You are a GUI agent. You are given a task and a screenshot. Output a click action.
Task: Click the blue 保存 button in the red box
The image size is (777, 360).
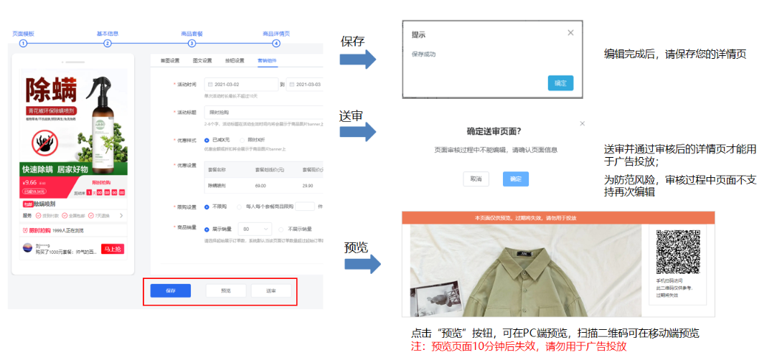tap(170, 290)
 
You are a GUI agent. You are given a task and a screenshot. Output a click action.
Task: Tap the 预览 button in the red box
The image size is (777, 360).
tap(226, 290)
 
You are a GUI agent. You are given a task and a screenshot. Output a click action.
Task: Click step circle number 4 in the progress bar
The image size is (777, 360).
tap(276, 43)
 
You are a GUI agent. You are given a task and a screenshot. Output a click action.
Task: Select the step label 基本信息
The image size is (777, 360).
tap(108, 33)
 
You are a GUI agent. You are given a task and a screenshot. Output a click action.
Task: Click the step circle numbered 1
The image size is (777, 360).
tap(23, 43)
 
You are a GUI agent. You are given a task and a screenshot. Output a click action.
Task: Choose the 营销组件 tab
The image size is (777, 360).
tap(267, 60)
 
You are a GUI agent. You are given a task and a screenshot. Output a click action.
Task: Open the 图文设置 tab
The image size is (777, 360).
tap(202, 60)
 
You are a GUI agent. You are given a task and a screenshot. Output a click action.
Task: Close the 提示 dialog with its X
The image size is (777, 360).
tap(570, 32)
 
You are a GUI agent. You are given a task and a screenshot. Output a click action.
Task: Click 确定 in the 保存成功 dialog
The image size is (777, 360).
tap(560, 83)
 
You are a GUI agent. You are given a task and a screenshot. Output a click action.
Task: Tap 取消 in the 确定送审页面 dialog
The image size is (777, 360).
tap(476, 179)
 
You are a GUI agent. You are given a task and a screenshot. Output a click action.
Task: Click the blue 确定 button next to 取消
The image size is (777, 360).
tap(516, 179)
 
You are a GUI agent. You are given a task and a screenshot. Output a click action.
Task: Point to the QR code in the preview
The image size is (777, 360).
tap(678, 252)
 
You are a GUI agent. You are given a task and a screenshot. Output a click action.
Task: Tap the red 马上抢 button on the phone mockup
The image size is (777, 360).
tap(113, 249)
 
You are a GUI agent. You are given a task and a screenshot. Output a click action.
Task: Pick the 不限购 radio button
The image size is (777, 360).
tap(207, 207)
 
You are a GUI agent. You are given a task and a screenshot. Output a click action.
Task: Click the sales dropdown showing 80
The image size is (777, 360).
tap(256, 229)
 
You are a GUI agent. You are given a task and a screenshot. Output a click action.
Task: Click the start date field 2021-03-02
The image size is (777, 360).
tap(242, 84)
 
